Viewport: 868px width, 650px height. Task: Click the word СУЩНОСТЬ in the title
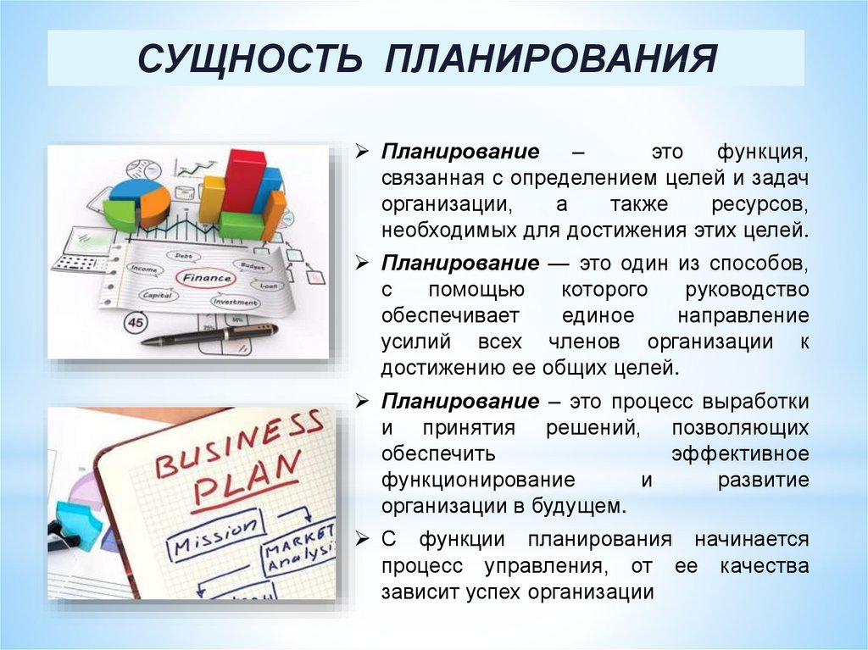[249, 58]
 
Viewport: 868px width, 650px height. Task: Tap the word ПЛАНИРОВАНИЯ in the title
[551, 58]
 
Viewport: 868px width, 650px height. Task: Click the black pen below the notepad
[210, 335]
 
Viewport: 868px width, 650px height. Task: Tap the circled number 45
[135, 322]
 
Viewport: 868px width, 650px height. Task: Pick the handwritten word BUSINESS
[239, 443]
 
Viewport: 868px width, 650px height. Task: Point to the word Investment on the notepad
[235, 303]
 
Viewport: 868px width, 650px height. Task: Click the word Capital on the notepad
[157, 295]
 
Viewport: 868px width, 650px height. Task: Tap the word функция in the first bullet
[763, 153]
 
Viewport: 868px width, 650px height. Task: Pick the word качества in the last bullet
[765, 566]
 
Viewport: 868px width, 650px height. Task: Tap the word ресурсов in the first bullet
[760, 205]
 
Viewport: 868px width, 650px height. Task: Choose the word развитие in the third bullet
[764, 481]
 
